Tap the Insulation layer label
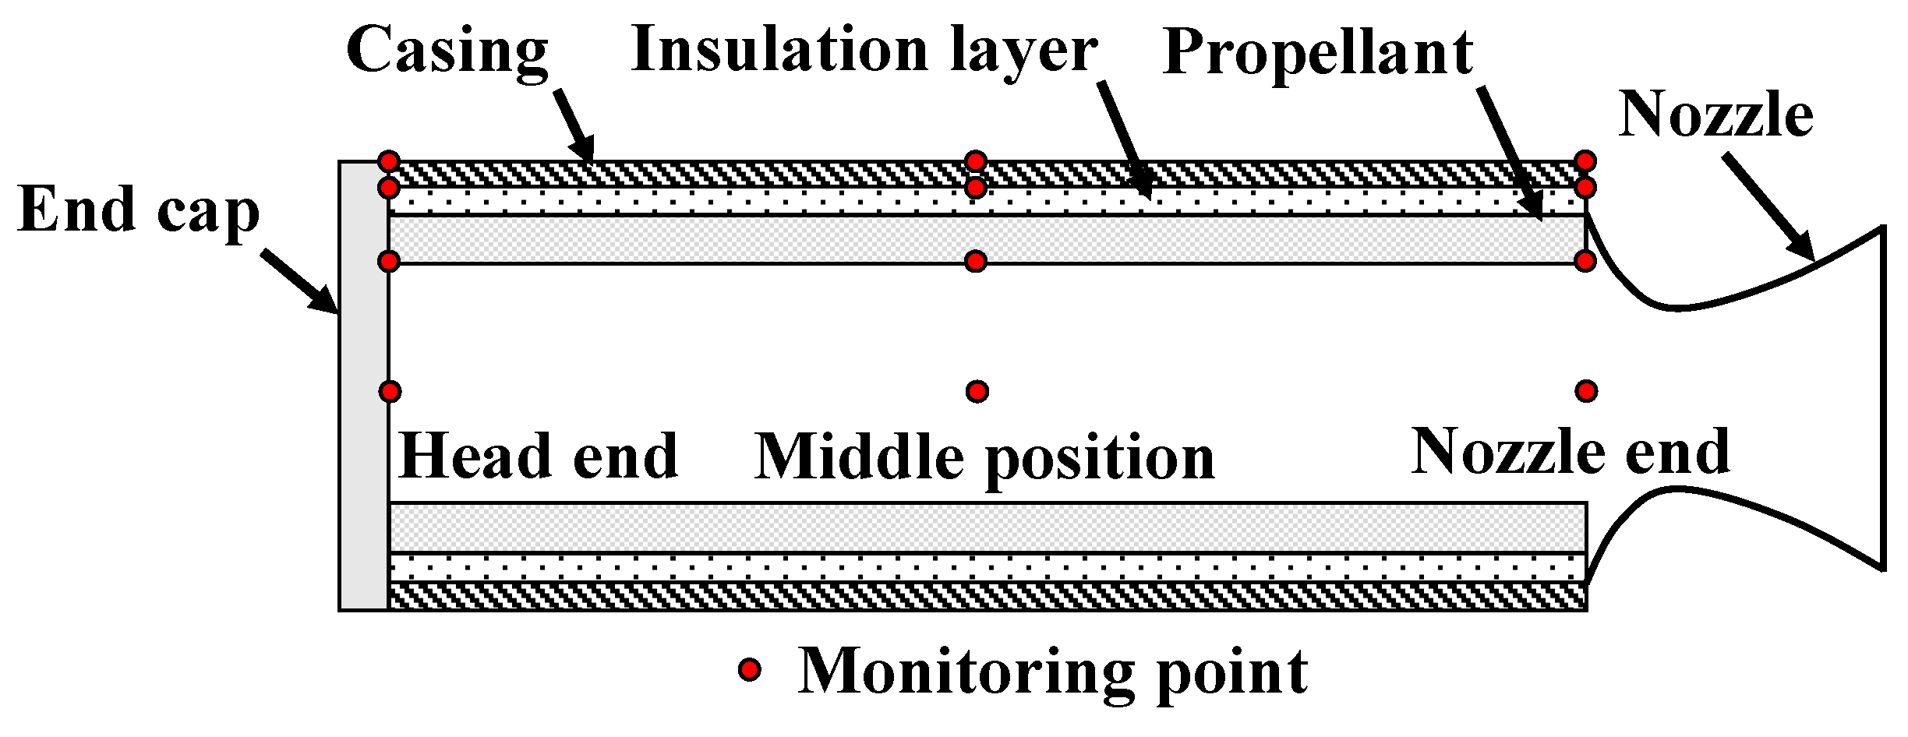tap(864, 51)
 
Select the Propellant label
tap(1317, 53)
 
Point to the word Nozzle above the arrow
tap(1715, 115)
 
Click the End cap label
tap(138, 210)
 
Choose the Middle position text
tap(984, 458)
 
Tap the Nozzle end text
tap(1571, 452)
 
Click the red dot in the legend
tap(750, 669)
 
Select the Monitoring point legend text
tap(1053, 672)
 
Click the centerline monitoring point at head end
tap(390, 390)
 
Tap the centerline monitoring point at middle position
tap(977, 390)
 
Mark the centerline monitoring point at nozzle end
tap(1586, 390)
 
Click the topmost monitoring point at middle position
tap(975, 161)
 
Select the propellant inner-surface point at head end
tap(389, 261)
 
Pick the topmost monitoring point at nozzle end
tap(1585, 161)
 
